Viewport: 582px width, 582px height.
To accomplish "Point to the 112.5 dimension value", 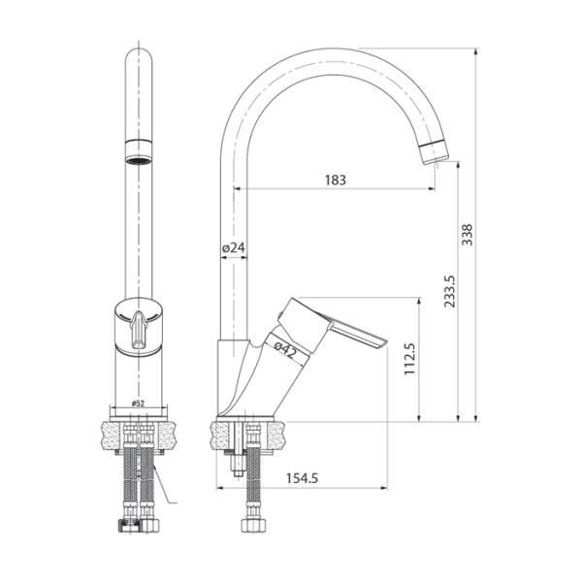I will [x=408, y=360].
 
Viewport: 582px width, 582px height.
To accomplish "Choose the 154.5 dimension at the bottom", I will [x=303, y=476].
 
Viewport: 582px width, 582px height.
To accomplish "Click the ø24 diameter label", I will [x=234, y=248].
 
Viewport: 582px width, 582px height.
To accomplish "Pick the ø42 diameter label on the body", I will [x=284, y=348].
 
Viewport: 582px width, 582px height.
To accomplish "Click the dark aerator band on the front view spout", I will [x=139, y=147].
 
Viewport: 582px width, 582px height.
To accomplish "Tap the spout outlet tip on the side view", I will [x=434, y=151].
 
